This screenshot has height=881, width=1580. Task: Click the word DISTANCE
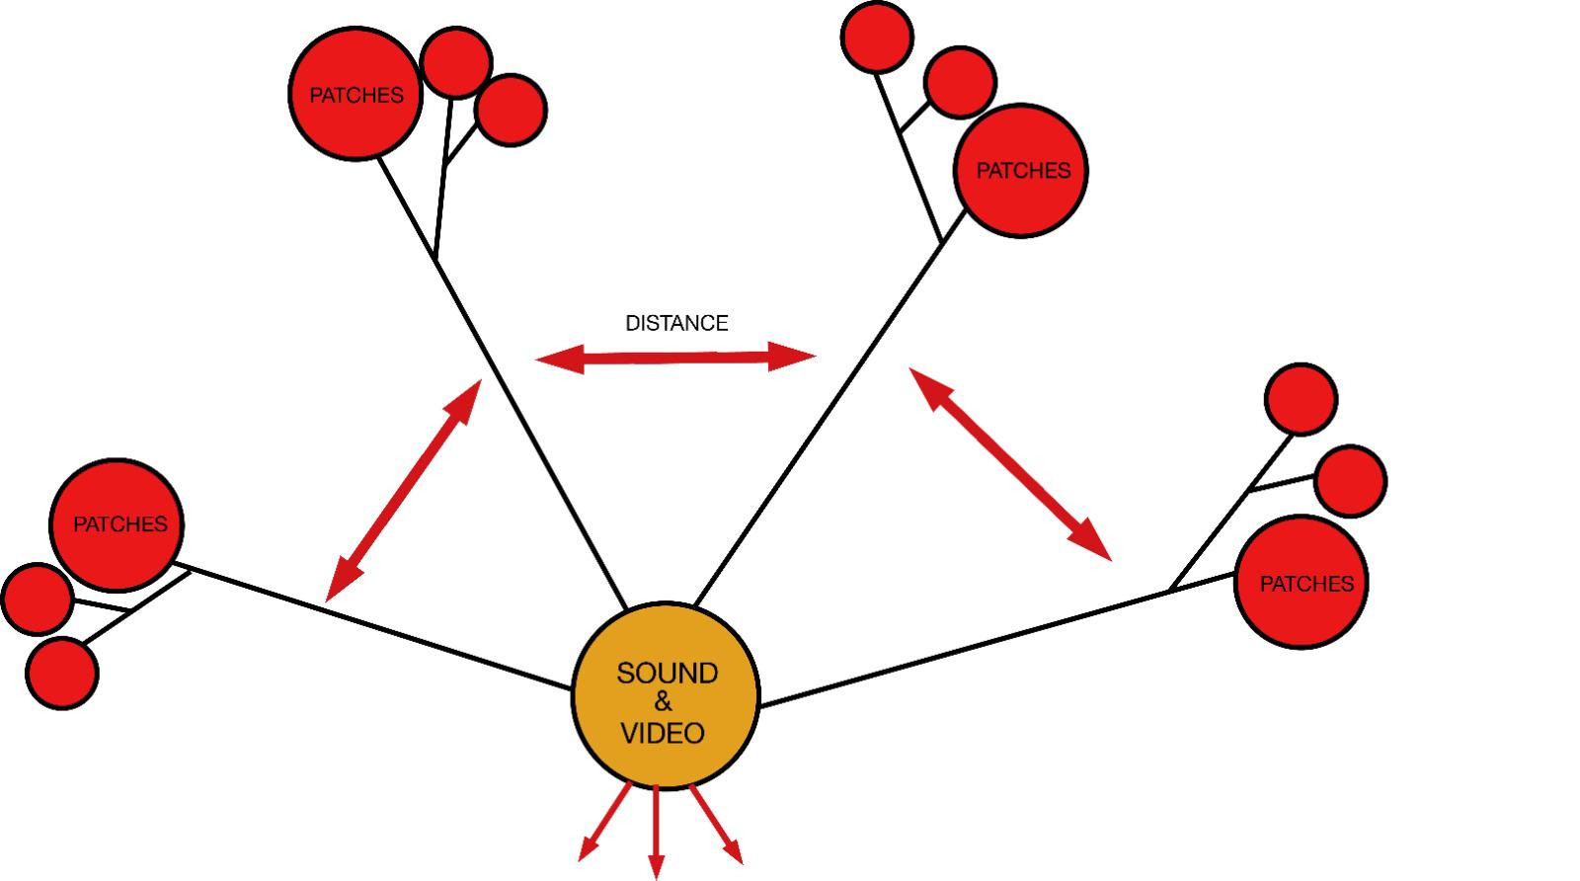click(676, 323)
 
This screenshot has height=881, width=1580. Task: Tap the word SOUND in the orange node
click(667, 674)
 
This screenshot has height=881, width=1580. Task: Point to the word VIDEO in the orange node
click(662, 734)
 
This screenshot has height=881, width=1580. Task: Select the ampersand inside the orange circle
click(663, 703)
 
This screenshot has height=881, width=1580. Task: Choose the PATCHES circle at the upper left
click(356, 95)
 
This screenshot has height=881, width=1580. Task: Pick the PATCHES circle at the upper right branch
click(1021, 171)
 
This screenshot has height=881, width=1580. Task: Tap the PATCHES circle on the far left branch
click(118, 524)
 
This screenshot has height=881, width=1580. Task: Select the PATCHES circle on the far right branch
click(1302, 584)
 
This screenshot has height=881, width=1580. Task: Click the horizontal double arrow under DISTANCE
click(676, 359)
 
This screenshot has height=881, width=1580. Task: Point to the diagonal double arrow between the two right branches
click(1010, 463)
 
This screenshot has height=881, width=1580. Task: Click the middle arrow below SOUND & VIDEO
click(656, 830)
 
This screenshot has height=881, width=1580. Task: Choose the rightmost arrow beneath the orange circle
click(716, 822)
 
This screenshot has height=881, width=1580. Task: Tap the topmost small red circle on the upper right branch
click(876, 37)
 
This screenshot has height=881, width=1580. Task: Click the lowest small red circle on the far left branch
click(62, 674)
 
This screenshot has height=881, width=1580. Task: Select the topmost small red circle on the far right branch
click(1301, 399)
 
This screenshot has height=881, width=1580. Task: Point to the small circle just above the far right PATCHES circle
click(1351, 481)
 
